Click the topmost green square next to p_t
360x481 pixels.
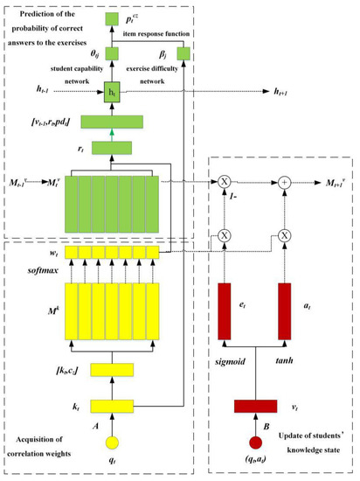[110, 17]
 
